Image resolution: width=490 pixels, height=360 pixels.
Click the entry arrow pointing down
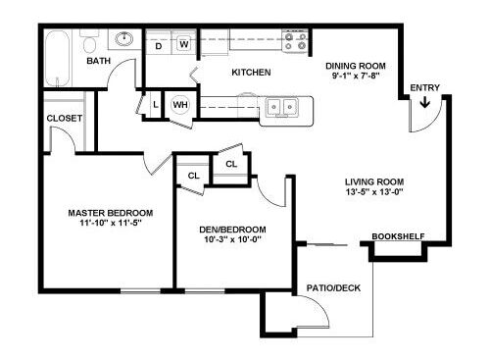(x=424, y=102)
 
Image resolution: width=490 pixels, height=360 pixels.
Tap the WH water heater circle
(x=180, y=105)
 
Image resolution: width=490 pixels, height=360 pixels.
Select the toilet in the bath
(x=89, y=41)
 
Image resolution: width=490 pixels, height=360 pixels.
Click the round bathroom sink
(x=124, y=39)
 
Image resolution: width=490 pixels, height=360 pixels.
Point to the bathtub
(x=57, y=59)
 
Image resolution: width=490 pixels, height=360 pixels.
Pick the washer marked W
(x=184, y=43)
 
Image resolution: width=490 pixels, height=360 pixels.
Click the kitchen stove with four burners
(x=295, y=41)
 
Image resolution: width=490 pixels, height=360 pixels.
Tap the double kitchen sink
(x=282, y=106)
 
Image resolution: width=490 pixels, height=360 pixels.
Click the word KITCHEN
(x=251, y=73)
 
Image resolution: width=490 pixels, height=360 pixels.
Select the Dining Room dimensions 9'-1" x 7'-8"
(x=356, y=76)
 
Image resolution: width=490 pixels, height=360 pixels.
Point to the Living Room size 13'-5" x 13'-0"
(x=374, y=192)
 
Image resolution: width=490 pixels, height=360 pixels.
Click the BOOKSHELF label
(x=398, y=236)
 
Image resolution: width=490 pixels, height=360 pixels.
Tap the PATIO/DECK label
(x=333, y=288)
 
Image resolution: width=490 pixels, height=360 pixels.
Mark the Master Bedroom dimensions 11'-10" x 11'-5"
(x=111, y=224)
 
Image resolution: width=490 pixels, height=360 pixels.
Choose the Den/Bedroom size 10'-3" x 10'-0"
(x=232, y=239)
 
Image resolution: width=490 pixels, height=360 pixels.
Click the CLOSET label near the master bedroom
(x=65, y=118)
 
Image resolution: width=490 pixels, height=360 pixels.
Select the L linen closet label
(x=156, y=105)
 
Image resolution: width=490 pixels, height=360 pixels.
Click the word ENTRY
(x=425, y=87)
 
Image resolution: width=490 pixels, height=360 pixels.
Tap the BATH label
(x=98, y=61)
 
